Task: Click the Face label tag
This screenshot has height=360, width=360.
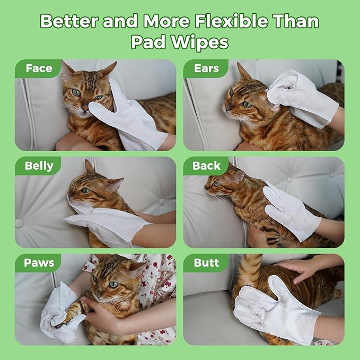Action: [39, 68]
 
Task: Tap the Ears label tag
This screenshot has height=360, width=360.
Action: [207, 68]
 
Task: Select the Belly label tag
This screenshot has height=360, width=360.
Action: [39, 166]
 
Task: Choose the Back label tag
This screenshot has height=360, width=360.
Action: [206, 166]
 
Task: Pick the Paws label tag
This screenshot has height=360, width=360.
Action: [39, 263]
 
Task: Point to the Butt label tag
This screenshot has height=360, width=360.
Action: [206, 263]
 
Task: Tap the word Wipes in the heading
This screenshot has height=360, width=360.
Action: [203, 42]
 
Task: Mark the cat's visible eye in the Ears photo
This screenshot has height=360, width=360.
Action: [247, 104]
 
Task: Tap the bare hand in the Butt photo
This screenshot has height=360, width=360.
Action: [300, 268]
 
